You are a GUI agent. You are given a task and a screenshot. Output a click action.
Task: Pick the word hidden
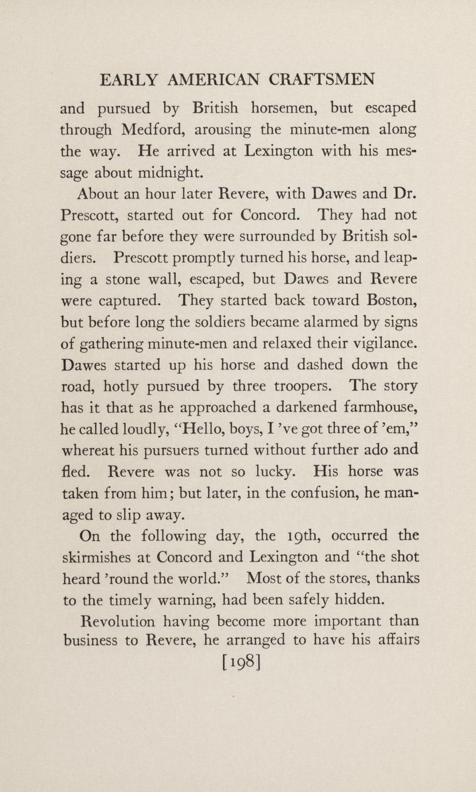(x=350, y=600)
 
